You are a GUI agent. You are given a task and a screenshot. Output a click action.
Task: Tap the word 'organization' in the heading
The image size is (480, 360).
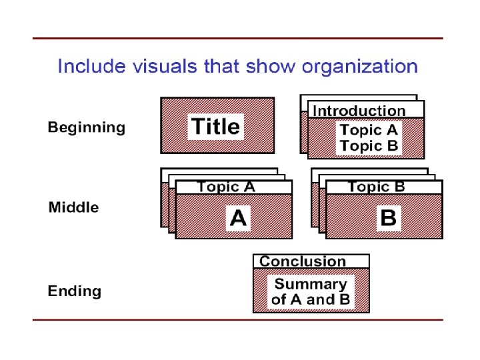(x=360, y=67)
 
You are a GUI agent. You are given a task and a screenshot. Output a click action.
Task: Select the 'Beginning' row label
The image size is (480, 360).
(x=86, y=127)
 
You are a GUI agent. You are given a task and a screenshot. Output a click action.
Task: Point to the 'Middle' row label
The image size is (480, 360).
(x=73, y=207)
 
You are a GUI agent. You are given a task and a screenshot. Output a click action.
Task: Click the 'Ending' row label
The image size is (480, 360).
(x=75, y=291)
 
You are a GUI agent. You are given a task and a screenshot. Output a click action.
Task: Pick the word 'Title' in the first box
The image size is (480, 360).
(x=216, y=126)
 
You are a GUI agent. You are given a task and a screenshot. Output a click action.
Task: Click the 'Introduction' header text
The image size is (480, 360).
(x=359, y=111)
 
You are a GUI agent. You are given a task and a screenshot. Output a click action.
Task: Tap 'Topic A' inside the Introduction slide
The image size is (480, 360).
(x=369, y=130)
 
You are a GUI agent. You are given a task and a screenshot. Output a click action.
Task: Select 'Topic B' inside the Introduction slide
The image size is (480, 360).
(x=369, y=145)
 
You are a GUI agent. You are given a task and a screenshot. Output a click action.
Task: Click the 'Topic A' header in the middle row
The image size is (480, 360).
(x=227, y=187)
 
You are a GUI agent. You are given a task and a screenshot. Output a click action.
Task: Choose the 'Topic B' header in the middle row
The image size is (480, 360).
(x=377, y=187)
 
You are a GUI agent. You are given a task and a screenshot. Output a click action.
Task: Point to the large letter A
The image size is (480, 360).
(x=237, y=217)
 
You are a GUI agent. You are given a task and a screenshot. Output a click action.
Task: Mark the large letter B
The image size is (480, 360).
(x=387, y=217)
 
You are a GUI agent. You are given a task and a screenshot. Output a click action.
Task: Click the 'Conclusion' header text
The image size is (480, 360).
(x=303, y=262)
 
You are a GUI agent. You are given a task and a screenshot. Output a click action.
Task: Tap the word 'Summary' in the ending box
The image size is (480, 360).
(x=311, y=284)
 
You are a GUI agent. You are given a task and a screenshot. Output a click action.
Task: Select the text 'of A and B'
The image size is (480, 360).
(x=311, y=300)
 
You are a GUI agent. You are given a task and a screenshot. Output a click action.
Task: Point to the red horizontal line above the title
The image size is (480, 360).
(x=238, y=38)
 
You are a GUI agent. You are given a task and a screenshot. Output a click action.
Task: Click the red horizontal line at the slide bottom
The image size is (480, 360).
(x=238, y=320)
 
